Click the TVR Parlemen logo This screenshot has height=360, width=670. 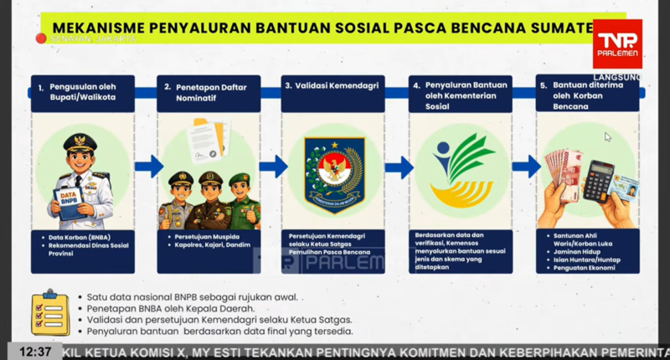617,44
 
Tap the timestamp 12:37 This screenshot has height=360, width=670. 36,352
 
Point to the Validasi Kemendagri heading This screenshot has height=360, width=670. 329,85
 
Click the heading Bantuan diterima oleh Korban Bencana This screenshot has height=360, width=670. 579,95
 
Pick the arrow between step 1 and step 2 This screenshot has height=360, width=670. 149,167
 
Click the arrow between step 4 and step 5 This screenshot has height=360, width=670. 526,167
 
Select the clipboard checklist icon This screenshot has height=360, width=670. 49,313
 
